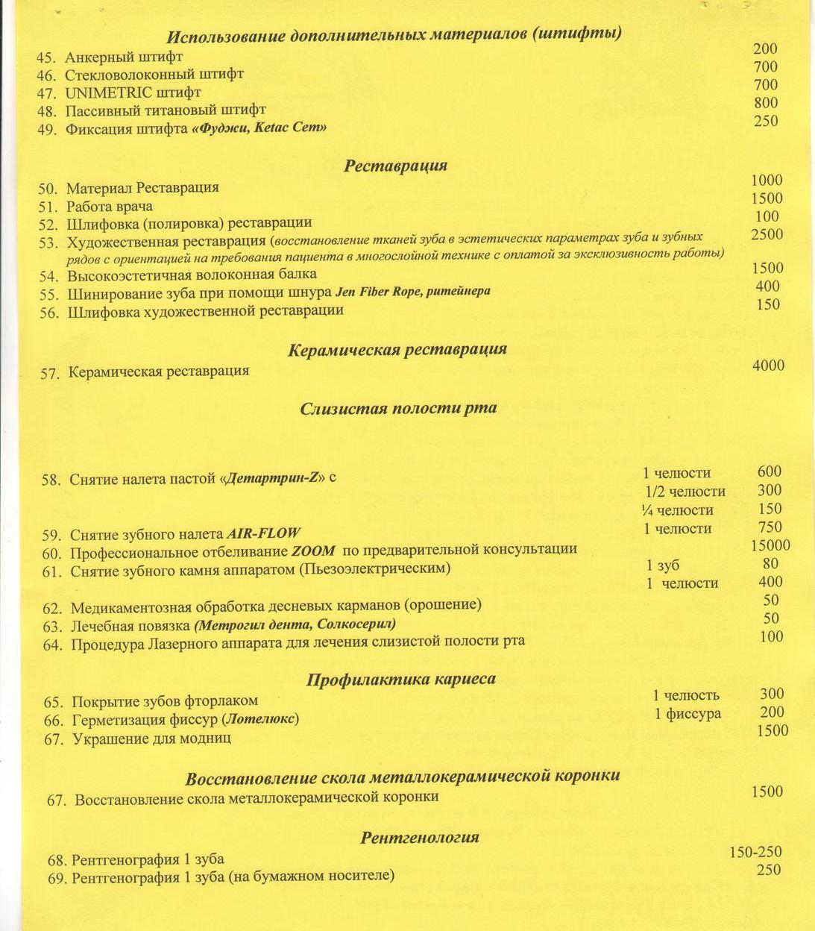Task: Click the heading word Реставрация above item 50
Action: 395,166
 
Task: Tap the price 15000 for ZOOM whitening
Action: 770,545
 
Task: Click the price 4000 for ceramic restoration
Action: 768,365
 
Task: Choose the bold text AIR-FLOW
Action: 263,533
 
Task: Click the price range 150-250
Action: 755,852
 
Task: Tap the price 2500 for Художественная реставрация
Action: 767,234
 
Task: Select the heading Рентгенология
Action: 420,837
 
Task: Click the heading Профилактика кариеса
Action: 401,680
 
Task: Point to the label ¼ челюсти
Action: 677,510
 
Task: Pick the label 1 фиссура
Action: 687,714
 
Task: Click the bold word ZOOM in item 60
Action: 312,551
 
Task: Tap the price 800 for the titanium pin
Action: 766,103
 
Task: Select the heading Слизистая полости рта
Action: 398,409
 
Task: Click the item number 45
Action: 46,57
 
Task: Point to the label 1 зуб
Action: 663,565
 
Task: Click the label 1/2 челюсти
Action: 685,491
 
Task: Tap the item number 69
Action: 57,879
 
